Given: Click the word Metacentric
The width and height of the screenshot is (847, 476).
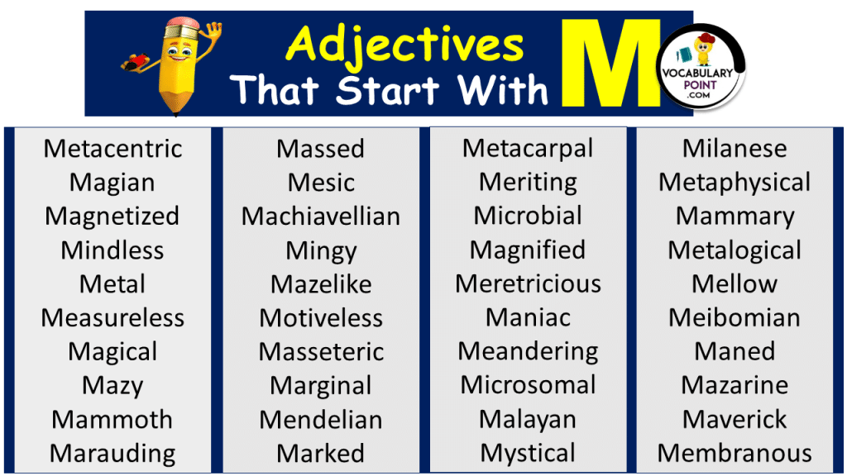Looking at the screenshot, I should (x=112, y=149).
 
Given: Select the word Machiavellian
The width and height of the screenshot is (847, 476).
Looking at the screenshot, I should (x=321, y=217).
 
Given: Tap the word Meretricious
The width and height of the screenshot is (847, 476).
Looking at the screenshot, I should (x=528, y=284).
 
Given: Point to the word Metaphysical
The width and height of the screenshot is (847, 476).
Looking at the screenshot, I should (x=735, y=183).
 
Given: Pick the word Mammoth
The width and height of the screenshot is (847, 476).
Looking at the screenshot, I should (x=112, y=420).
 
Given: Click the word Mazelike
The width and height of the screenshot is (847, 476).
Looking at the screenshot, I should (x=321, y=284).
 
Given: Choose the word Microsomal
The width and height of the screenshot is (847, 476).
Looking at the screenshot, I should (x=528, y=385).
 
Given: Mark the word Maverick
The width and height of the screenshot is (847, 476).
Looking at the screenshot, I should (x=735, y=420).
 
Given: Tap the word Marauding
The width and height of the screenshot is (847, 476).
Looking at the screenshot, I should (x=112, y=454).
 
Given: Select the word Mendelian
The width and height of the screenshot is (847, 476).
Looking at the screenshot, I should (x=321, y=420).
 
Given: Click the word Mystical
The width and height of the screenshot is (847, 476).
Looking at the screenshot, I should (x=528, y=454).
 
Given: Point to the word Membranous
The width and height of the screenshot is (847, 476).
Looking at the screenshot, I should (x=735, y=454).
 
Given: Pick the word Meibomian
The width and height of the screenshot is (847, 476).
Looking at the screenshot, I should (x=735, y=318).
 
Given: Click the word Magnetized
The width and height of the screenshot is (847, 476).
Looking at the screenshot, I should (x=112, y=217).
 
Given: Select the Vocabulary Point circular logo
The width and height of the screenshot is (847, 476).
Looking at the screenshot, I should (x=703, y=66).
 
